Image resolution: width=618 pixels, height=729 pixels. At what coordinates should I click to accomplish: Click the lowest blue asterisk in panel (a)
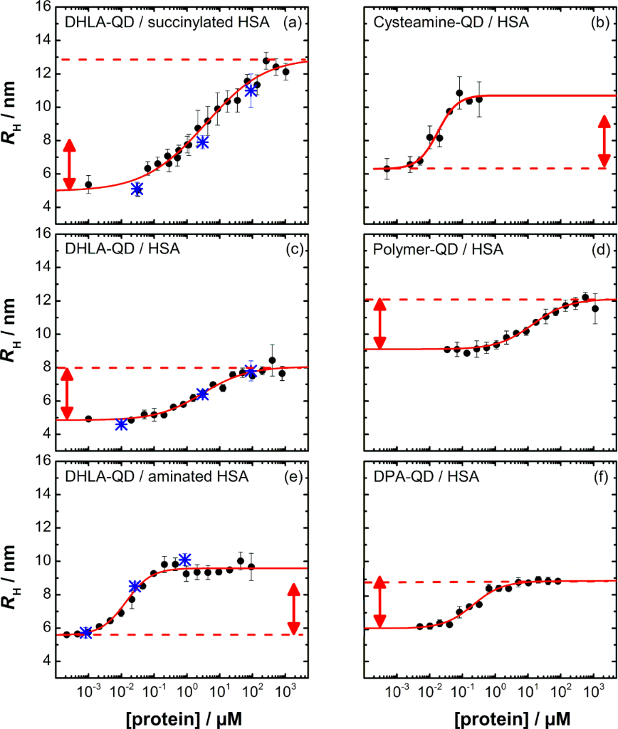(137, 189)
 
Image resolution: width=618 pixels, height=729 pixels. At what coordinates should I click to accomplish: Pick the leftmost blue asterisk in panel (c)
(121, 424)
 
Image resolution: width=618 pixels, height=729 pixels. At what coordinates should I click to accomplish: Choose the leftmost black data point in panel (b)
(387, 169)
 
